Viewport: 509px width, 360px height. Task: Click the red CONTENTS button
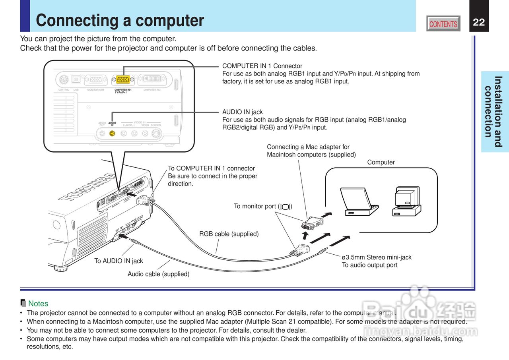pos(443,24)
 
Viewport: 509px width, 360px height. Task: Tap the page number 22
pos(479,22)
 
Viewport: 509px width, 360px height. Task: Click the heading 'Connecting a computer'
pos(120,21)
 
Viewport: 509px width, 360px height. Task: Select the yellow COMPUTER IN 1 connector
pos(123,79)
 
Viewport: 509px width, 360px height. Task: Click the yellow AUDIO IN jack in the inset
pos(113,134)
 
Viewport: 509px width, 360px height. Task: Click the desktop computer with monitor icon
pos(406,201)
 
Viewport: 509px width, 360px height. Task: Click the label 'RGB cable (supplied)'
pos(229,234)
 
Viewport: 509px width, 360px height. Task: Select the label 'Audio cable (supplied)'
pos(158,274)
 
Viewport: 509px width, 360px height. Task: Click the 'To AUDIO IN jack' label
pos(119,261)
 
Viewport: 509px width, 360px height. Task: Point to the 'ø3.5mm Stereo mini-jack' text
pos(377,257)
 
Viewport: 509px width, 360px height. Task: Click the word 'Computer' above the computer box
pos(381,162)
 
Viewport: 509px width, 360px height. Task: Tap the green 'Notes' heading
pos(38,304)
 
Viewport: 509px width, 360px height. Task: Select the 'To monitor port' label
pos(263,206)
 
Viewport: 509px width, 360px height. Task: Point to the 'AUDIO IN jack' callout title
pos(242,112)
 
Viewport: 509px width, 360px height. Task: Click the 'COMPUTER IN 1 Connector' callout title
pos(262,66)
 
